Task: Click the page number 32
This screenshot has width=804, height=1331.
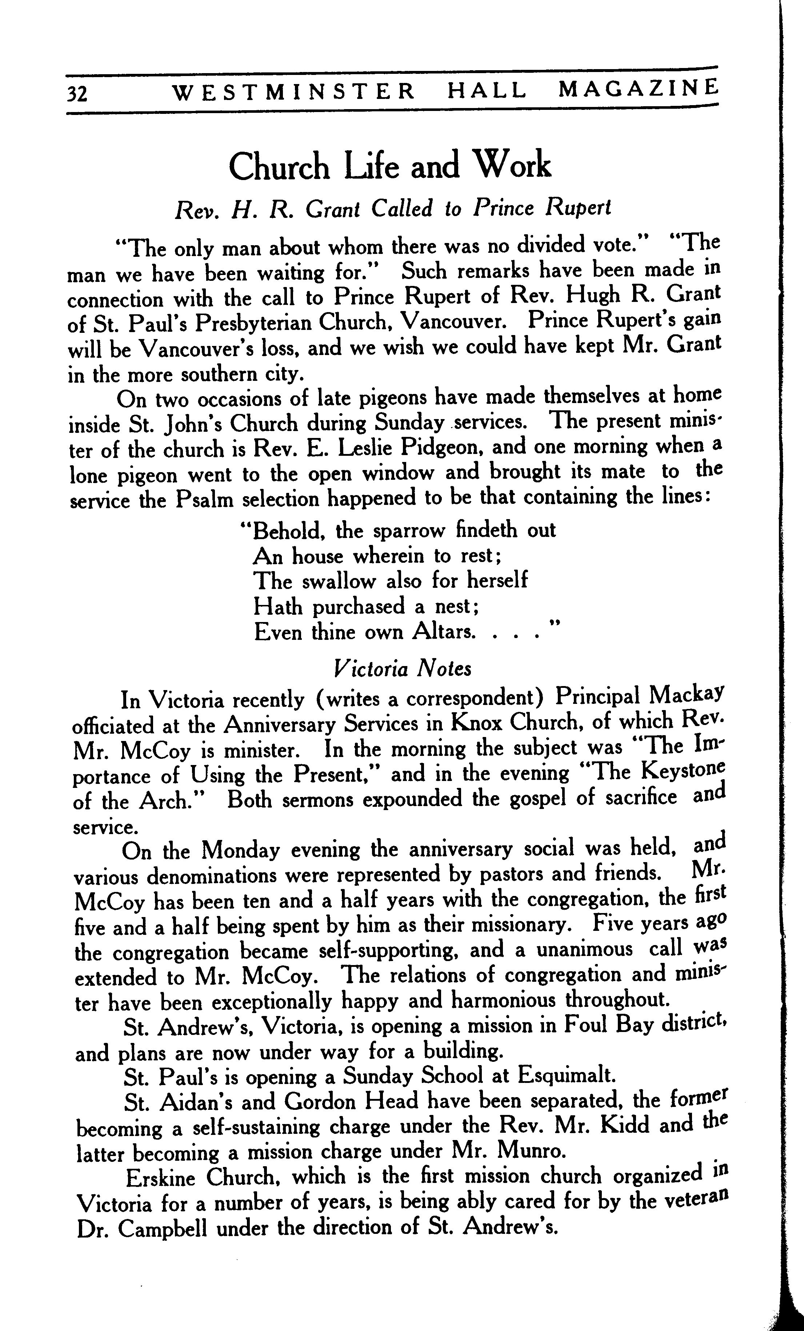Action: (x=77, y=94)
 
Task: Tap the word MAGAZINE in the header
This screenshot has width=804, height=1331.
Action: (x=639, y=89)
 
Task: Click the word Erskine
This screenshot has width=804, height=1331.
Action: (x=160, y=1177)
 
